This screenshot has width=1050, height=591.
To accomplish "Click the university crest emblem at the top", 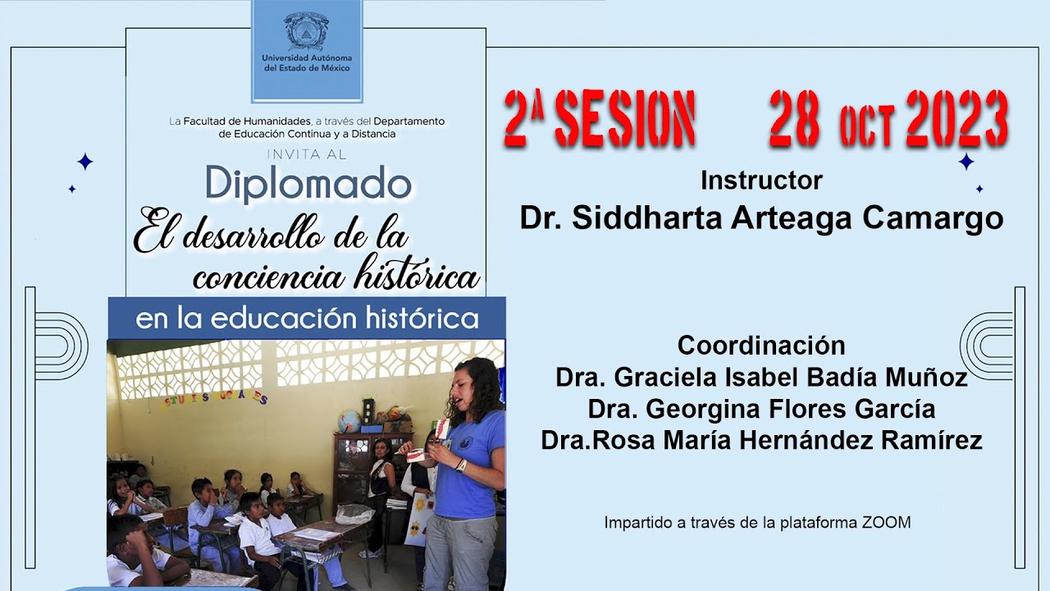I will coord(306,31).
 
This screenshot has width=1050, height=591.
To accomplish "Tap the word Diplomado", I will coord(308,185).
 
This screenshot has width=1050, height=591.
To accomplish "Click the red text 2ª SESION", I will coord(600,118).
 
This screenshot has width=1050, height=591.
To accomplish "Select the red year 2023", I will coord(956,118).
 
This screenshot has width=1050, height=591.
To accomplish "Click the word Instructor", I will coord(761,180).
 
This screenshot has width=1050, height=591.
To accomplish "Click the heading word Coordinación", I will coord(761,344).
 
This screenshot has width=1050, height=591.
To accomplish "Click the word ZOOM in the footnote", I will coord(886,522).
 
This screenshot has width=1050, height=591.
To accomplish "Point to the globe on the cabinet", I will coord(349,419).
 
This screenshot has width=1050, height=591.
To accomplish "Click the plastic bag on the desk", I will coord(354,514).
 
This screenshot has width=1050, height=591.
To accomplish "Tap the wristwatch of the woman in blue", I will coord(461,465).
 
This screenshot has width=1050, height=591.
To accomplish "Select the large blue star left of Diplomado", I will coord(84,162).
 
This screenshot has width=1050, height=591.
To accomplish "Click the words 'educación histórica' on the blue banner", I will coord(395,318).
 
